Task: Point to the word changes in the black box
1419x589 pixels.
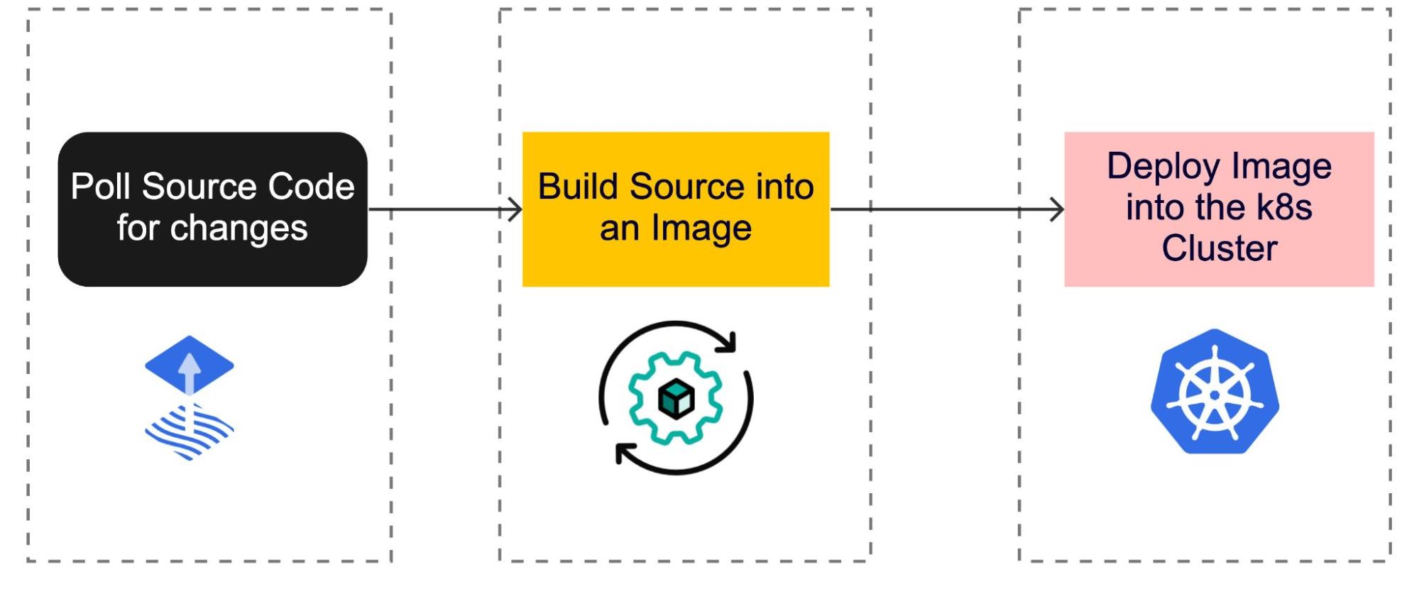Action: coord(239,229)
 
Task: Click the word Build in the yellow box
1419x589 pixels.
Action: coord(579,187)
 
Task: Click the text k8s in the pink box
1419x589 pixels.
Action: coord(1284,207)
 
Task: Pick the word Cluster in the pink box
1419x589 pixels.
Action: coord(1219,248)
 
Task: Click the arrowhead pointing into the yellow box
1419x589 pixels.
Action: coord(516,209)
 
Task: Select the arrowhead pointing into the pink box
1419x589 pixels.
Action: coord(1058,209)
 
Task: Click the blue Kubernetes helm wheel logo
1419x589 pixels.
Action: coord(1215,392)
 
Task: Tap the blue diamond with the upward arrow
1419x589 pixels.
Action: coord(190,364)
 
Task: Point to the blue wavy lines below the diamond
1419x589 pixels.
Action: coord(190,431)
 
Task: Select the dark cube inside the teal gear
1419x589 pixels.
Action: coord(675,398)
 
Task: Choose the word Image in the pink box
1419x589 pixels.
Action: coord(1281,167)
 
